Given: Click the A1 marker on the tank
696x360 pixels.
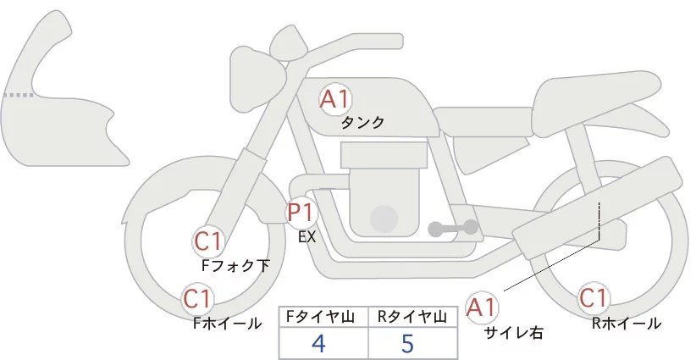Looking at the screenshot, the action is coord(335,99).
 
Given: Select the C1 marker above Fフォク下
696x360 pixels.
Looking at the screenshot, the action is coord(208,242).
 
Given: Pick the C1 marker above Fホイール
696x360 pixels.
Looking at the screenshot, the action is coord(197,299).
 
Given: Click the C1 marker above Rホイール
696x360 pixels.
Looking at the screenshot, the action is coord(594,298).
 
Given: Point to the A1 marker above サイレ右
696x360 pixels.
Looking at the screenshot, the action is coord(481,307).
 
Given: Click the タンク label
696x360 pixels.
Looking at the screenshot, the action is coord(362,123).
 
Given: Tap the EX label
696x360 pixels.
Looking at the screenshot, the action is coord(307,237).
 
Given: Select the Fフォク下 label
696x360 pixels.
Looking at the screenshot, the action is coord(235,266).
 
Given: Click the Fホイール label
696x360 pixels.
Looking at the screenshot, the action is coord(227,324).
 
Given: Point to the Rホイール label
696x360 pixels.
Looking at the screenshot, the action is coord(627,324).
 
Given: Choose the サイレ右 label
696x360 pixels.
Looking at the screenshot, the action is coord(514,333).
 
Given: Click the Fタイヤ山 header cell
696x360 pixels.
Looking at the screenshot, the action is coord(323,317).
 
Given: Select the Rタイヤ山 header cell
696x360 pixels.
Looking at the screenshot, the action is coord(413,317).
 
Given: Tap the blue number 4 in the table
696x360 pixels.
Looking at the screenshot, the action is coord(318,343).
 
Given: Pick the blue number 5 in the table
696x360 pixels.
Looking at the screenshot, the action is coord(406,343).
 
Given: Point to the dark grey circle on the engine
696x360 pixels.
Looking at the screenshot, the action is coord(384,219).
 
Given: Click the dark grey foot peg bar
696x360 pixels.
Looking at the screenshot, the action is coord(453,228).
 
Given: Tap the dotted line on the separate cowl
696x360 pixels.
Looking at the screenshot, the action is coord(18,95).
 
